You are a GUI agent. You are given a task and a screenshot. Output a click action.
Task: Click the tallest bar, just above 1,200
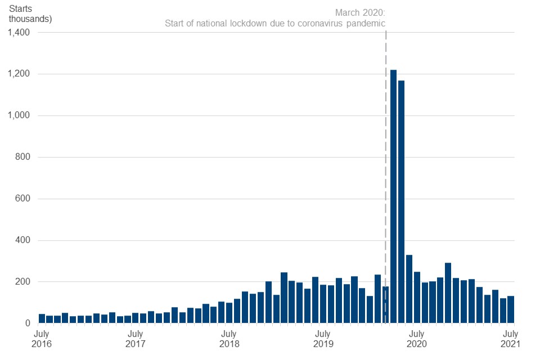(x=393, y=197)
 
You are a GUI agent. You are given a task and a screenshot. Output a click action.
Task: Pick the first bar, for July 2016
(x=42, y=318)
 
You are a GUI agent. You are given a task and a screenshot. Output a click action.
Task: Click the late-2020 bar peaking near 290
(x=448, y=292)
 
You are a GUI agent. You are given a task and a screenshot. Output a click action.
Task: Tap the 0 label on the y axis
(x=26, y=323)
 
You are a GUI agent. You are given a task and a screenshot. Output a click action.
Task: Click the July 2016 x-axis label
(x=42, y=339)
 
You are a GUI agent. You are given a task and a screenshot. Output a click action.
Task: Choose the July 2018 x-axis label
(x=228, y=339)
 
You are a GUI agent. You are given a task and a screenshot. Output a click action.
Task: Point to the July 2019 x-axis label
(x=322, y=339)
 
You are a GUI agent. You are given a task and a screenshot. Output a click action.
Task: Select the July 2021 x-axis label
(x=510, y=339)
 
